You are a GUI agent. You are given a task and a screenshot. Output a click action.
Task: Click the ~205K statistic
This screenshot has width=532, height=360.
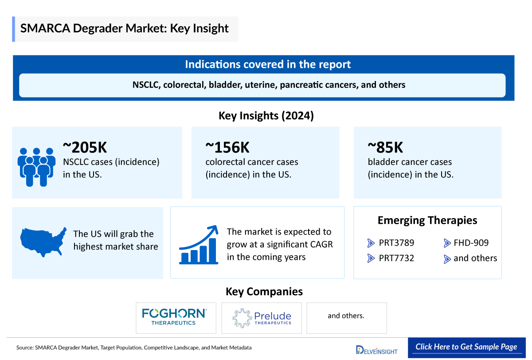click(x=85, y=147)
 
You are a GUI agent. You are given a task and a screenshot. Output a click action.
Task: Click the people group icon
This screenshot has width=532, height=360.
click(x=36, y=166)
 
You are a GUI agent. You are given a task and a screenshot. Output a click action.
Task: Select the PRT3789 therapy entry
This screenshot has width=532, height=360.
click(x=396, y=243)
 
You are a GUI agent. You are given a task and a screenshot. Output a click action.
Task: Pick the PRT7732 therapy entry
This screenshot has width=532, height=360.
click(x=396, y=258)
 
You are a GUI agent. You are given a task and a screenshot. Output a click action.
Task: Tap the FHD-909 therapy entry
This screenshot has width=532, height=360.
click(x=471, y=243)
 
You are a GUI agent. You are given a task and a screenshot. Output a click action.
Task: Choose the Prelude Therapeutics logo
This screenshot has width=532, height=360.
click(x=262, y=317)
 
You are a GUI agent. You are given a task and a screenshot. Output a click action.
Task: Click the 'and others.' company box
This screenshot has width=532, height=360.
click(x=346, y=316)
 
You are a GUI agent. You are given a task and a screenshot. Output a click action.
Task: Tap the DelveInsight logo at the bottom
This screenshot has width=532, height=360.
click(x=376, y=349)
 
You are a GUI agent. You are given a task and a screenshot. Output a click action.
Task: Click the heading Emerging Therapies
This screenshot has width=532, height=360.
click(x=427, y=220)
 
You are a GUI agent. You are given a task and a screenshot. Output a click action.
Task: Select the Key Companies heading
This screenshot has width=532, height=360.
click(x=264, y=292)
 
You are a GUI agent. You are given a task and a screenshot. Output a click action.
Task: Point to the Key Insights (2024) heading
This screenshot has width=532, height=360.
click(x=266, y=116)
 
